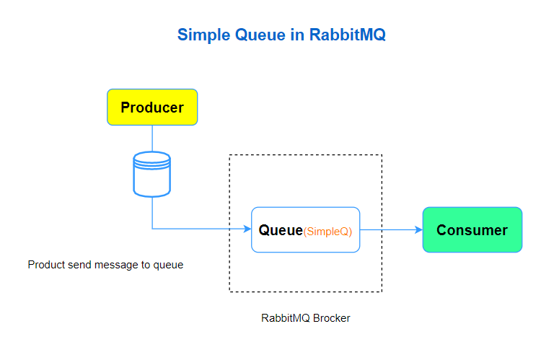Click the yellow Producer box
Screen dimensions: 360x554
tap(152, 107)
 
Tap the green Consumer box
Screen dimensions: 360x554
tap(472, 230)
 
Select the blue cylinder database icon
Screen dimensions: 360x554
tap(152, 174)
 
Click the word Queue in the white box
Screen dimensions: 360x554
tap(281, 230)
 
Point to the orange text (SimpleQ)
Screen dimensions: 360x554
tap(327, 232)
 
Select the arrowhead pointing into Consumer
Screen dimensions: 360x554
tap(418, 230)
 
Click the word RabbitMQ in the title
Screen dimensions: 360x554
tap(348, 35)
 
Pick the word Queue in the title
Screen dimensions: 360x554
tap(261, 35)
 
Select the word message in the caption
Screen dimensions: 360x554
tap(115, 265)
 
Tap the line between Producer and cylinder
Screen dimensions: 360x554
tap(152, 138)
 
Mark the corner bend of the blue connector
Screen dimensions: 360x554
tap(152, 229)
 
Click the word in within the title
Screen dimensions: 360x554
tap(297, 35)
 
